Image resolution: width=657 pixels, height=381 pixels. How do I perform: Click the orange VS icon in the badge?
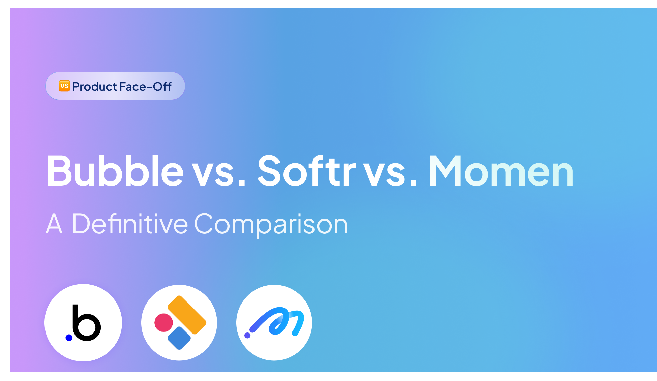64,86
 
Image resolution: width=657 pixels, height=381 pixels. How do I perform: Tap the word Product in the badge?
95,87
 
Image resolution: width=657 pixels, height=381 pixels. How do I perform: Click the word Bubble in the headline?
115,171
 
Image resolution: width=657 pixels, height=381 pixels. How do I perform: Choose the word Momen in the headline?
501,171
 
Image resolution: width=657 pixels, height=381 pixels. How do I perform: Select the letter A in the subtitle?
54,224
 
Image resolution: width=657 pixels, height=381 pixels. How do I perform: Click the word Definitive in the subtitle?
130,224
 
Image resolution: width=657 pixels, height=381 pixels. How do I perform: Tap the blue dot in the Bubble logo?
69,338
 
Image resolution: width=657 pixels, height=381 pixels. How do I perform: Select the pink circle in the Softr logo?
163,322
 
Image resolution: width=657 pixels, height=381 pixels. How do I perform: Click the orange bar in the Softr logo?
187,314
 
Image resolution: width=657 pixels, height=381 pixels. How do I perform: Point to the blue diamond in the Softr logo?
179,338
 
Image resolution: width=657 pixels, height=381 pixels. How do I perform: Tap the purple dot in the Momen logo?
247,335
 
